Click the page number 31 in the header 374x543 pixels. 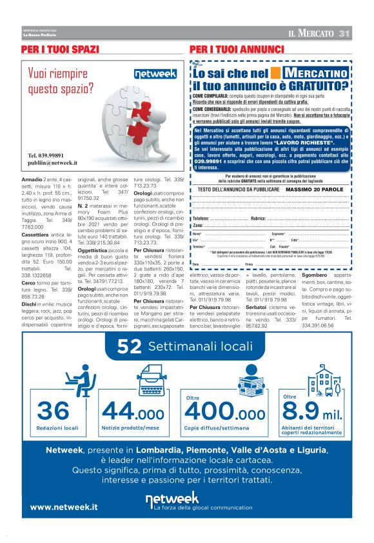click(344, 34)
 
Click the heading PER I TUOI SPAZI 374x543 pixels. click(61, 50)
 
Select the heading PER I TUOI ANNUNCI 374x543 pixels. click(237, 50)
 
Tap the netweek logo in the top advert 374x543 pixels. click(155, 74)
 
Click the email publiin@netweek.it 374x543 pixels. click(52, 164)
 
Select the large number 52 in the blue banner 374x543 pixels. click(130, 347)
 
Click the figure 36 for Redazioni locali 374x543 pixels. click(54, 410)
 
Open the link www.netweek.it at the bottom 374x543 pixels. click(64, 507)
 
